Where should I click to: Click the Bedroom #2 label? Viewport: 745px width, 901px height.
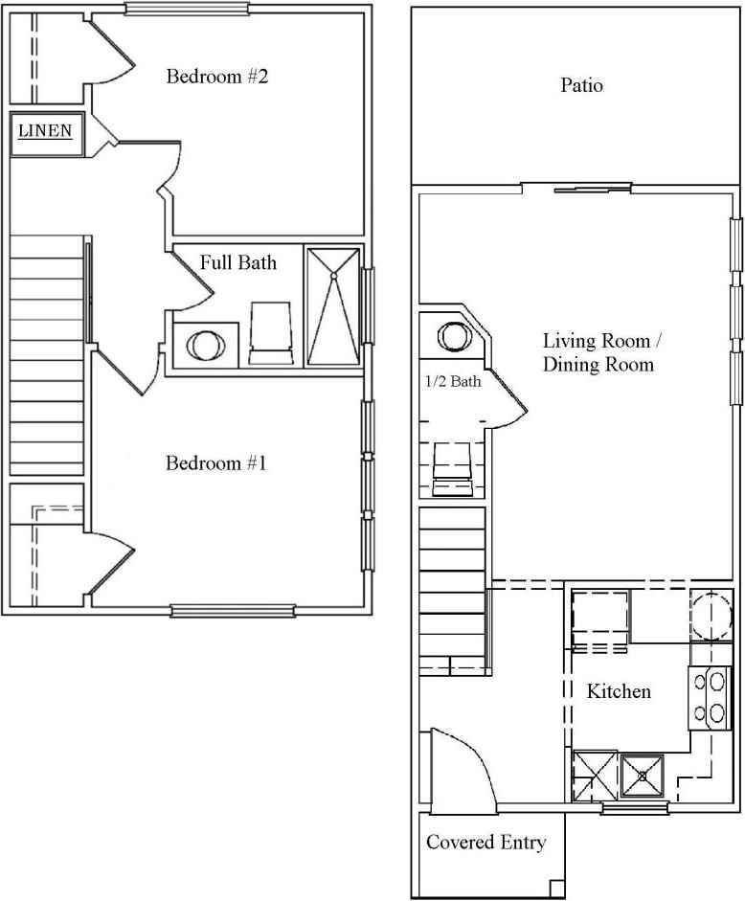click(x=216, y=77)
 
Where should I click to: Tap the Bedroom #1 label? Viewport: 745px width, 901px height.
click(x=215, y=463)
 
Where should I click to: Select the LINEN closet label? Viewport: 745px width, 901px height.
click(x=47, y=131)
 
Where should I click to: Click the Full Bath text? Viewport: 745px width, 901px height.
click(x=238, y=261)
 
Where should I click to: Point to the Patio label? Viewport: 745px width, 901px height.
click(x=581, y=85)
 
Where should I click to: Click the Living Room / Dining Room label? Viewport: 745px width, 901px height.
click(x=598, y=352)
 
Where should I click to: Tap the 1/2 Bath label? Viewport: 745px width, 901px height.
click(x=453, y=382)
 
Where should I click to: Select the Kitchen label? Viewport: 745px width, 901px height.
click(x=619, y=690)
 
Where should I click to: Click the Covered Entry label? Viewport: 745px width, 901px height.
click(x=485, y=843)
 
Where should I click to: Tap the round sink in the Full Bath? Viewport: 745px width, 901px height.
click(x=203, y=344)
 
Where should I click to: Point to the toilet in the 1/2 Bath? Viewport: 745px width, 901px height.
click(x=452, y=470)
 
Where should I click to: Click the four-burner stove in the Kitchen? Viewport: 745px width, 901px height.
click(x=711, y=696)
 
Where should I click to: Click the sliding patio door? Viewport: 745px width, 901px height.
click(x=584, y=188)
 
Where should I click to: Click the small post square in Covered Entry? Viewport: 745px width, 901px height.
click(x=556, y=886)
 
